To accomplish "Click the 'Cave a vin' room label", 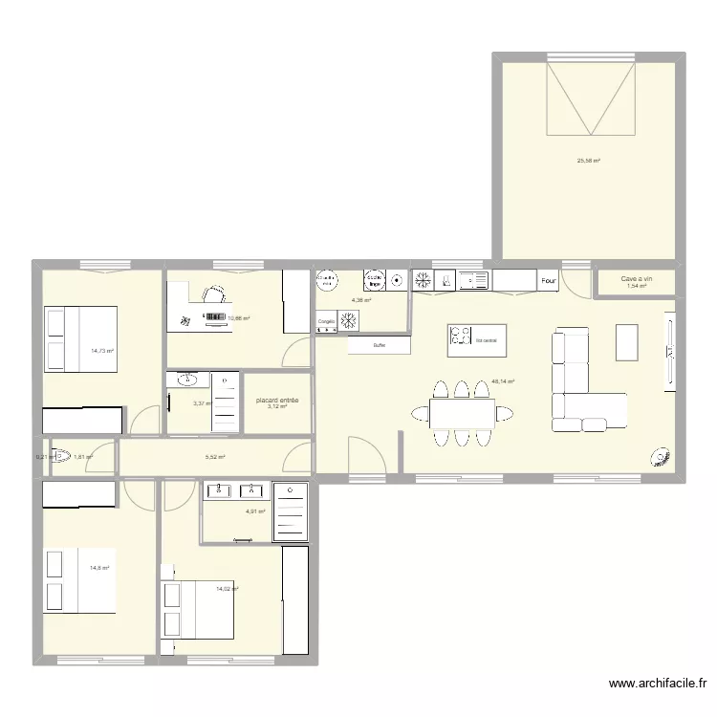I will (636, 278).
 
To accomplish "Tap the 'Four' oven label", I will (549, 281).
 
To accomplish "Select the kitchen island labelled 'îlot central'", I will (477, 338).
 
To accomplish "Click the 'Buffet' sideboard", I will (380, 345).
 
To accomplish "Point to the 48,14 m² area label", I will (503, 381).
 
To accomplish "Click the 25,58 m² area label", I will (588, 161).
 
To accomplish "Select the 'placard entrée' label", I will (277, 401).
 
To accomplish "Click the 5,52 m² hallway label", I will (215, 457).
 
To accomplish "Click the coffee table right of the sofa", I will (626, 342).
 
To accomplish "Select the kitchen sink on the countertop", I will (472, 280).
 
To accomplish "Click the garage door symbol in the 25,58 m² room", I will (590, 99).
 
